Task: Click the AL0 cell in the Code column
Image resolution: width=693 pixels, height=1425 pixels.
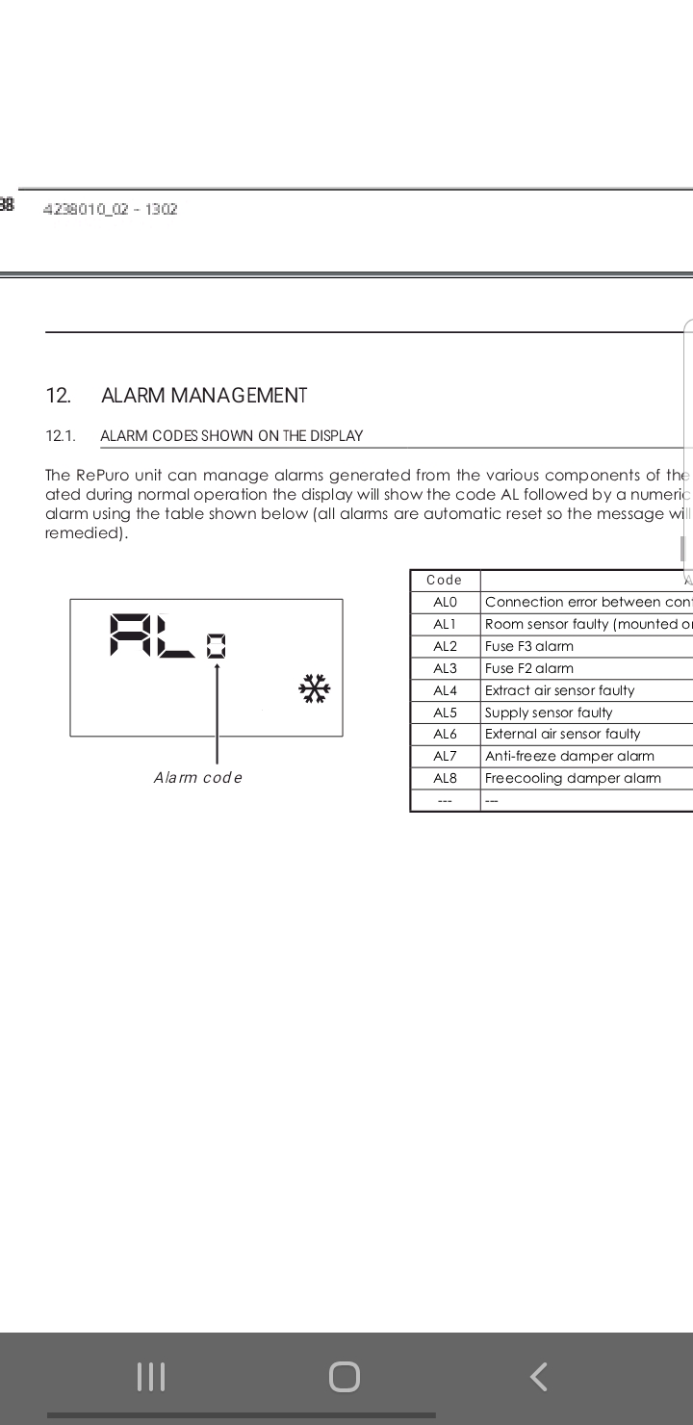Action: tap(445, 602)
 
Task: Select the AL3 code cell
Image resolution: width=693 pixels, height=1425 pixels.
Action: tap(445, 668)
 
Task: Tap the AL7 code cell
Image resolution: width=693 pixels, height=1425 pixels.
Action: tap(445, 756)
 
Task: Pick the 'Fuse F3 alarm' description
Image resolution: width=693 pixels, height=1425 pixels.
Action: tap(529, 646)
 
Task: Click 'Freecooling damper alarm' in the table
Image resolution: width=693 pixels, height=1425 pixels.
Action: tap(573, 778)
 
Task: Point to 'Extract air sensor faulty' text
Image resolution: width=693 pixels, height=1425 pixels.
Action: tap(560, 690)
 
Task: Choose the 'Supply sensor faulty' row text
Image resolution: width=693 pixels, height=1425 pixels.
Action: tap(549, 712)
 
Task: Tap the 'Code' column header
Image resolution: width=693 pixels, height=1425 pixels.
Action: tap(444, 580)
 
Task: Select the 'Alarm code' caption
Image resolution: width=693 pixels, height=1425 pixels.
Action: tap(197, 777)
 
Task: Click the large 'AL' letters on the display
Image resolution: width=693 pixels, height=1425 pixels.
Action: tap(152, 635)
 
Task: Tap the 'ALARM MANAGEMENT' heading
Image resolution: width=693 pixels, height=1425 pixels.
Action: tap(203, 395)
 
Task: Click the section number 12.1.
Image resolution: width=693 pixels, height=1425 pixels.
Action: tap(60, 435)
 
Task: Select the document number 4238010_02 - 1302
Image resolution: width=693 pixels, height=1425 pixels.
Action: tap(110, 209)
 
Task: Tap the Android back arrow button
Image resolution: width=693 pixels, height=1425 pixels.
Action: tap(539, 1376)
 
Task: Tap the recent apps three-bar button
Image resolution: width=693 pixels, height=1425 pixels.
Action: tap(151, 1376)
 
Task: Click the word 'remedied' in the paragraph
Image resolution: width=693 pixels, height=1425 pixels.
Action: tap(84, 532)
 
